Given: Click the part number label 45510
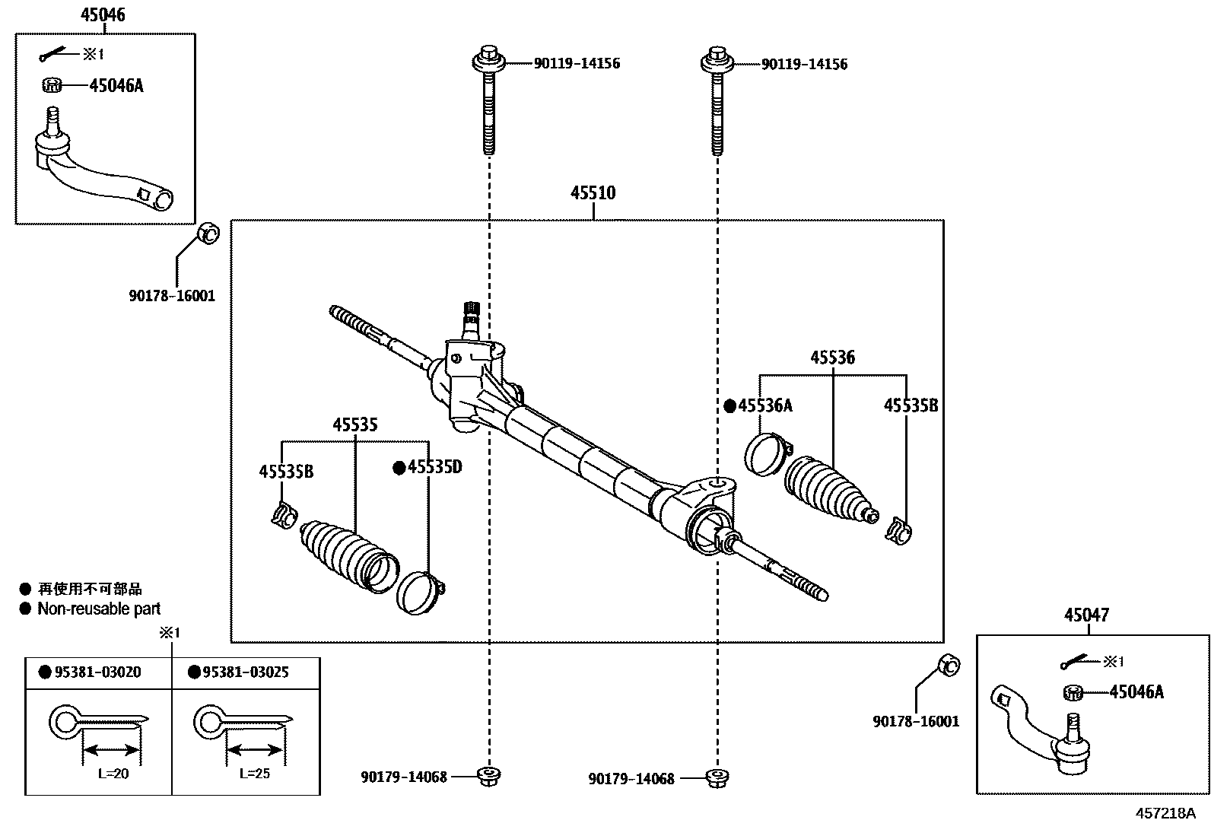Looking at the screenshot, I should click(593, 193).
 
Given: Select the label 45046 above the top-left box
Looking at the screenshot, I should click(103, 14).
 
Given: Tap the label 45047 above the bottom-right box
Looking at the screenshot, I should click(1086, 615).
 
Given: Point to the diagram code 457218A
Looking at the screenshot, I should click(1165, 812).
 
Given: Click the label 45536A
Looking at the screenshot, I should click(765, 405).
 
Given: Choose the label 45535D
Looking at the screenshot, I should click(434, 466).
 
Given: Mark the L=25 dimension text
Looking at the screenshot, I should click(254, 774).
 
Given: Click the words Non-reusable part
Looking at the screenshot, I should click(99, 609).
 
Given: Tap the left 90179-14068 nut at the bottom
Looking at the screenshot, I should click(488, 777).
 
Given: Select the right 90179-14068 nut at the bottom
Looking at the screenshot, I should click(716, 777).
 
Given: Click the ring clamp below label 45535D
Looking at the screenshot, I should click(420, 593).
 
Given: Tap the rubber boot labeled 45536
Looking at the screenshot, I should click(828, 492).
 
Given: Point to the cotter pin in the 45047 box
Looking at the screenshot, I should click(1076, 663).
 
